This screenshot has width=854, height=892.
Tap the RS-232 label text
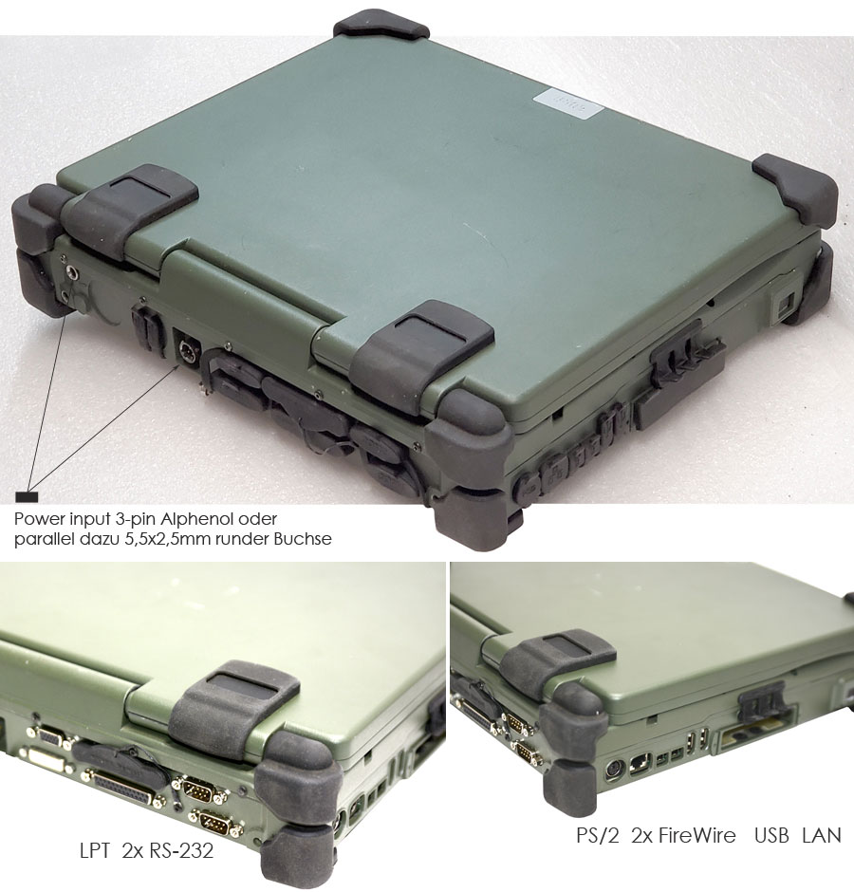click(x=181, y=850)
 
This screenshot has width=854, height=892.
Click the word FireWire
click(x=697, y=835)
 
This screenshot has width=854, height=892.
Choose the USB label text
click(x=771, y=835)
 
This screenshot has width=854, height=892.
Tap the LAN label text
click(x=822, y=835)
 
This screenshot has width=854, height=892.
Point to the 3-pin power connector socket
click(x=185, y=346)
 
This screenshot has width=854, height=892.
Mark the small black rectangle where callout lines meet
click(x=27, y=496)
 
